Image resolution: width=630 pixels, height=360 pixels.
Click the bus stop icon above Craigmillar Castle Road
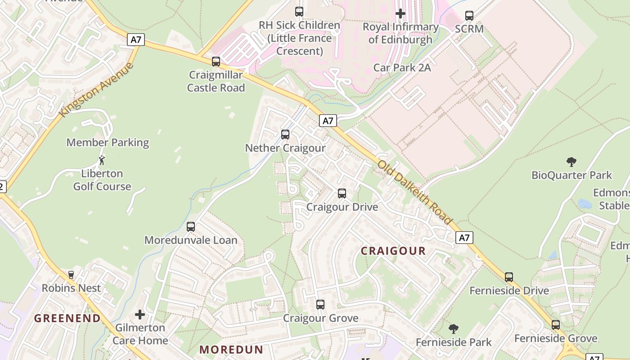[216, 62]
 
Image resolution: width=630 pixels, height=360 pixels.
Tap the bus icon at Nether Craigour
[285, 135]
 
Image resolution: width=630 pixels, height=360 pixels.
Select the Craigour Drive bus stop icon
[342, 193]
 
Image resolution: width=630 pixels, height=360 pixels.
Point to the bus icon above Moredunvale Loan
[191, 227]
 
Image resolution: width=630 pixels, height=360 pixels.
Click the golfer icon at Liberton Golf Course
[102, 160]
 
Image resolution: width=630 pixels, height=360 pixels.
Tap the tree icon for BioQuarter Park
[571, 162]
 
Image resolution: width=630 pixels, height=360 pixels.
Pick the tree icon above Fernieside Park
[454, 329]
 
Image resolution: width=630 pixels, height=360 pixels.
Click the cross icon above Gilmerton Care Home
[140, 314]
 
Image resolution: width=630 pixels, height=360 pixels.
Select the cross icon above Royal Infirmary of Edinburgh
[400, 13]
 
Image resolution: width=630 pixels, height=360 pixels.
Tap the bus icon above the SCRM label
[469, 16]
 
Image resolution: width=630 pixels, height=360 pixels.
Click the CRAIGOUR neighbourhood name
[393, 251]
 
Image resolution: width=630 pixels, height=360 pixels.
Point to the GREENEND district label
[67, 319]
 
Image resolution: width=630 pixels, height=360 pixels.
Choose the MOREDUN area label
[231, 350]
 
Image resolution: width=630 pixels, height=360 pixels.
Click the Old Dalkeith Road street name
[414, 192]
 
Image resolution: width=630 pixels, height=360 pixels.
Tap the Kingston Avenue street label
[97, 90]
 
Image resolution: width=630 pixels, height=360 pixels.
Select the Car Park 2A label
[402, 67]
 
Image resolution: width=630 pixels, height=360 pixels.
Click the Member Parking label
[108, 143]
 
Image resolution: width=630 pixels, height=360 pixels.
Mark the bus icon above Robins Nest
[71, 275]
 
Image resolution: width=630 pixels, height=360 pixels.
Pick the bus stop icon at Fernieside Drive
[509, 277]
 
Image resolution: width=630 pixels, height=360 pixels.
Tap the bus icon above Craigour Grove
[320, 305]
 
